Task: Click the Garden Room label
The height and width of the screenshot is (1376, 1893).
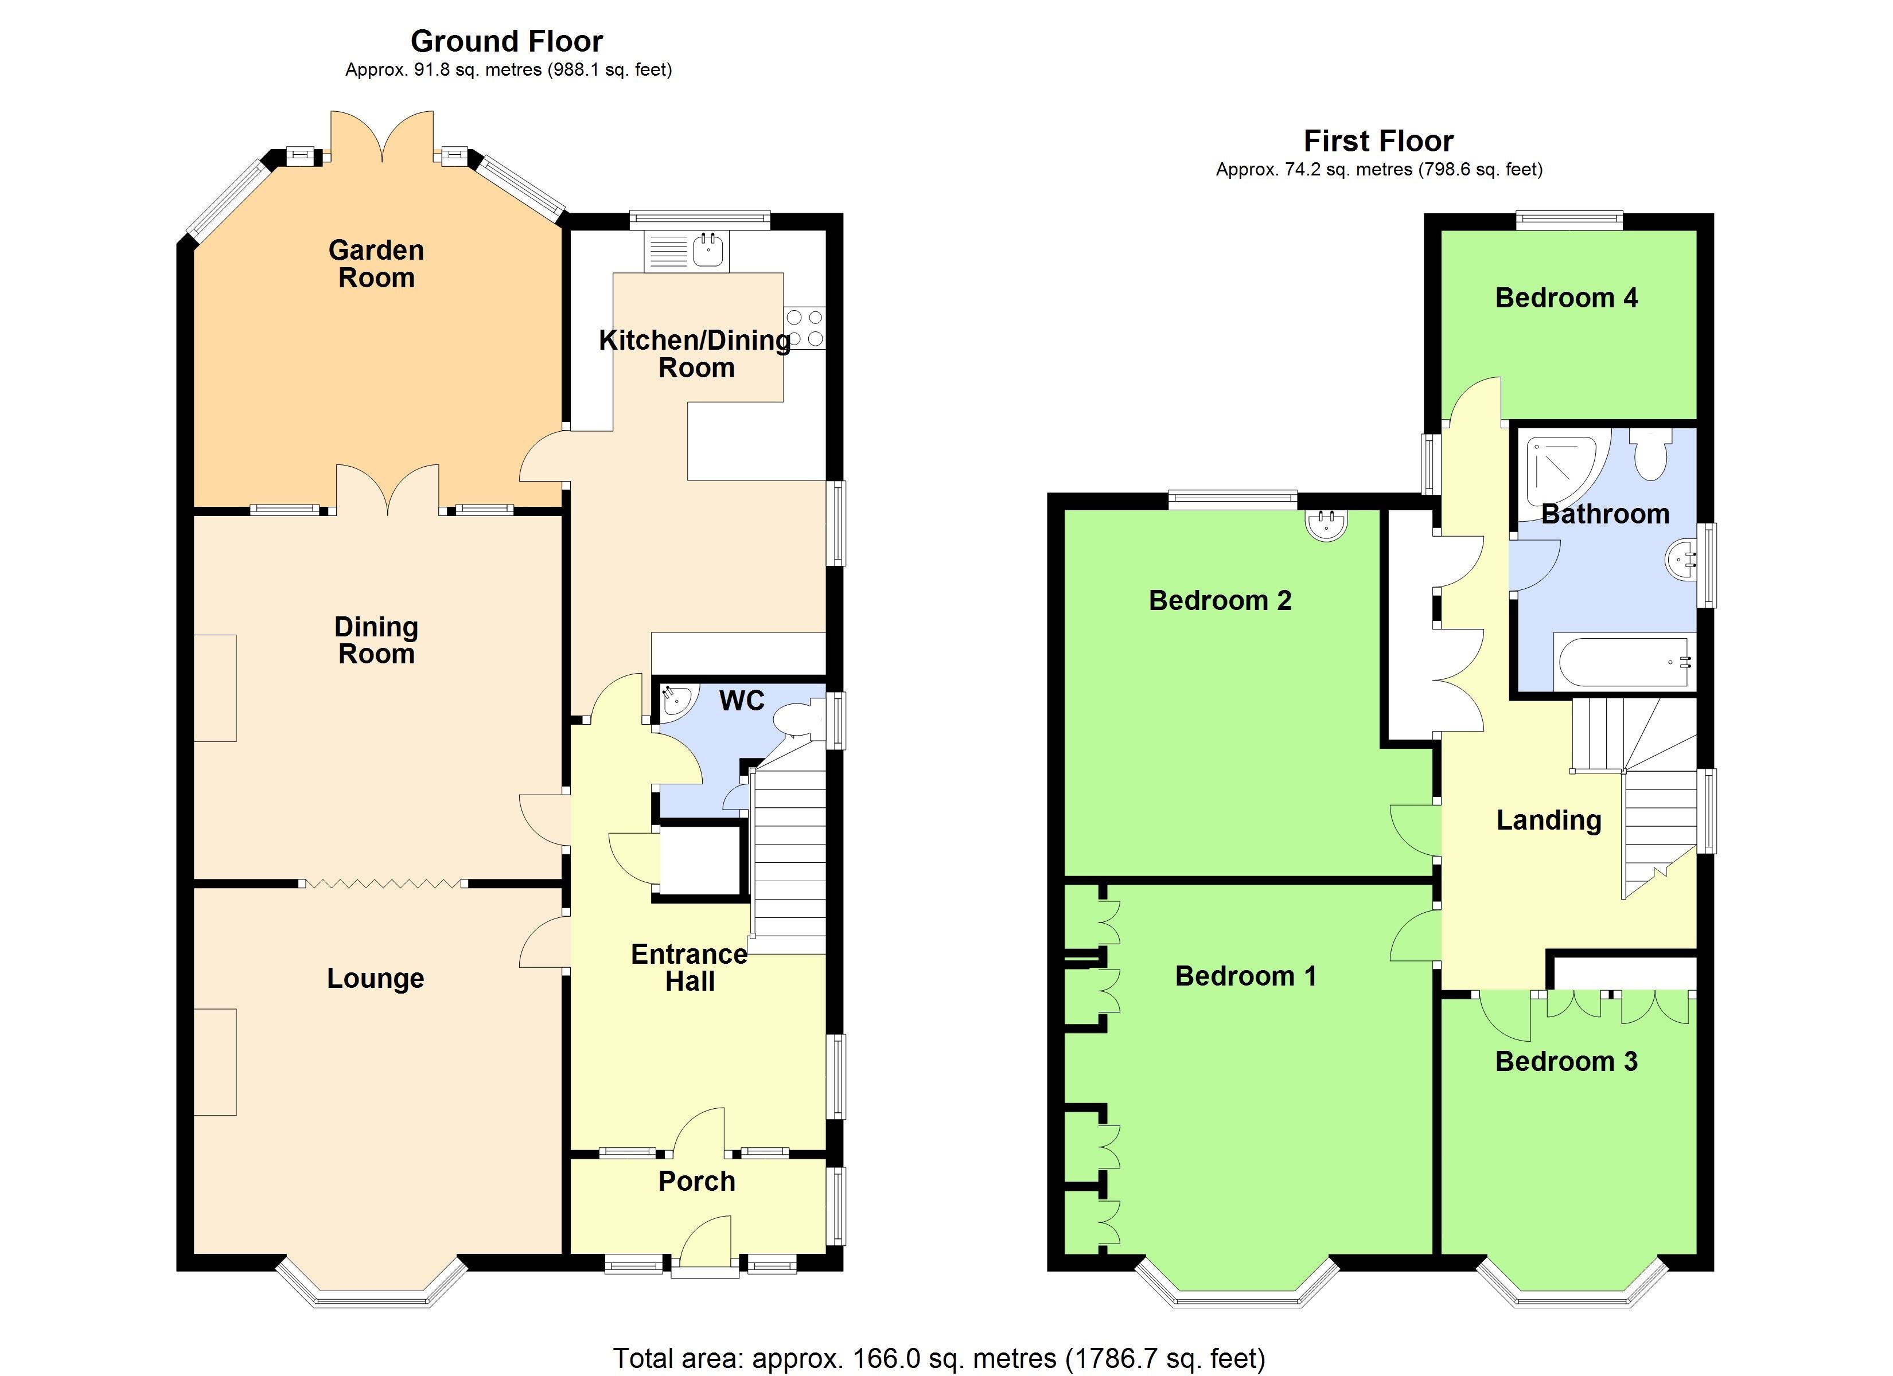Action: pyautogui.click(x=376, y=264)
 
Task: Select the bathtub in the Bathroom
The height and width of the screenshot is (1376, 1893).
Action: pyautogui.click(x=1623, y=662)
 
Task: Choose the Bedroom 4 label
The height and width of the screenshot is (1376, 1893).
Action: pyautogui.click(x=1566, y=298)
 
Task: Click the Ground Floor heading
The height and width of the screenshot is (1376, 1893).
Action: pyautogui.click(x=507, y=41)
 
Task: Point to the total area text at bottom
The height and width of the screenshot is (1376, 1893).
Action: pyautogui.click(x=939, y=1358)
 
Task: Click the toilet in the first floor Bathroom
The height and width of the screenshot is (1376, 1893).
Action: pyautogui.click(x=1650, y=454)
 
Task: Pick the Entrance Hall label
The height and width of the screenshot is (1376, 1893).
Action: pyautogui.click(x=690, y=967)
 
